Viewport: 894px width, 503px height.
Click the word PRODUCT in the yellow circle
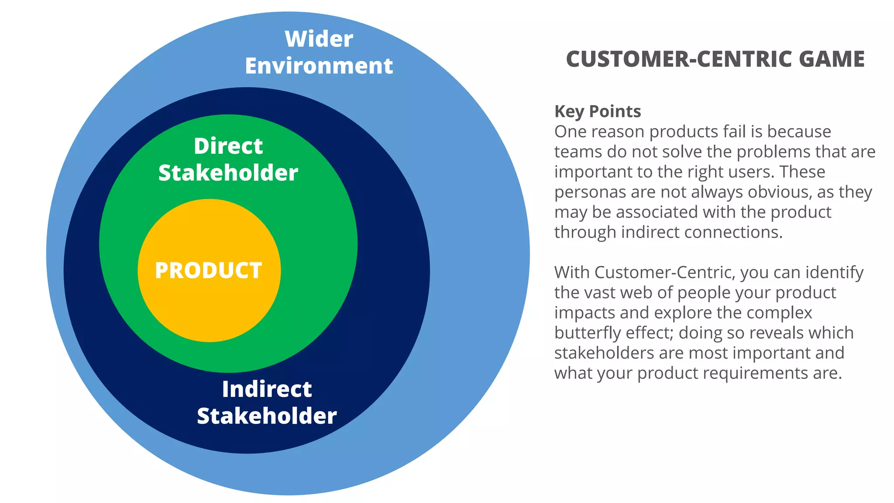[208, 270]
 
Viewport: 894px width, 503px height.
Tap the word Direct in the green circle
[228, 146]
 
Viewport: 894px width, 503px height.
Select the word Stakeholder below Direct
[228, 173]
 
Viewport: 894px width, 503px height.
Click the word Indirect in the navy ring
[267, 389]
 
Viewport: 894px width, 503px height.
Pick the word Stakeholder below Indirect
[267, 416]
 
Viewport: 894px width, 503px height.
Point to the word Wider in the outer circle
[319, 39]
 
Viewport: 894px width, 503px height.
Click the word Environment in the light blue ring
[319, 66]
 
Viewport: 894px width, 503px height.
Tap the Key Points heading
[597, 111]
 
